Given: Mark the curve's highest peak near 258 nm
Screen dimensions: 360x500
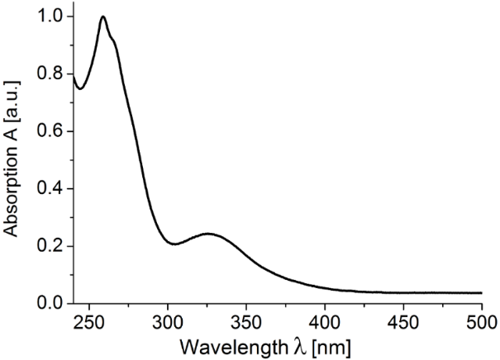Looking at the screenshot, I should pos(102,17).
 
